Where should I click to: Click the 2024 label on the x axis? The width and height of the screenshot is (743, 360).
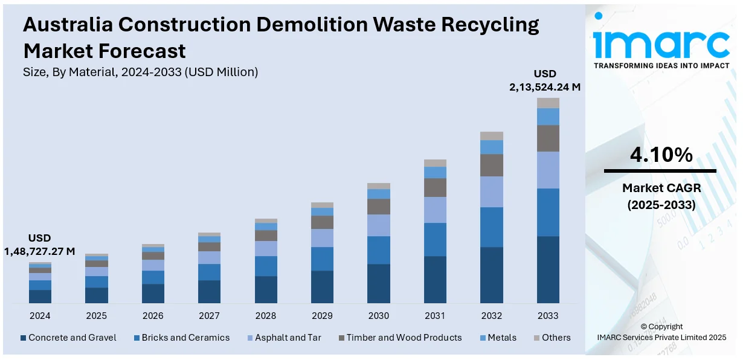pyautogui.click(x=40, y=316)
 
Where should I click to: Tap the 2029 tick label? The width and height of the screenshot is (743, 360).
pyautogui.click(x=322, y=316)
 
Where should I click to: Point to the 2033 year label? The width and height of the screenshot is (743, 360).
pyautogui.click(x=548, y=316)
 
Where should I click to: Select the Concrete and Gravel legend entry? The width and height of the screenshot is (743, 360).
pyautogui.click(x=68, y=338)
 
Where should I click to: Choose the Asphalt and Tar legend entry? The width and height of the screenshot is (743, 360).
pyautogui.click(x=284, y=338)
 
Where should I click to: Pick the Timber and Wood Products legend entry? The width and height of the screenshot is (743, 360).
pyautogui.click(x=399, y=338)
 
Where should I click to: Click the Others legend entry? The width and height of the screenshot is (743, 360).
pyautogui.click(x=552, y=338)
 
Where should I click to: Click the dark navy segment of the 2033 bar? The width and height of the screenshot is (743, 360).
pyautogui.click(x=548, y=269)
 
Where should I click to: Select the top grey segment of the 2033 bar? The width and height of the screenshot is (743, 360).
pyautogui.click(x=548, y=103)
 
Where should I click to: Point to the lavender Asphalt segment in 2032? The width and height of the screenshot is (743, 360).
pyautogui.click(x=492, y=191)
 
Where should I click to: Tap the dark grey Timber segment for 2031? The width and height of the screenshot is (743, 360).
pyautogui.click(x=435, y=187)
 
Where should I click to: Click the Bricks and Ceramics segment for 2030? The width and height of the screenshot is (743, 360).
pyautogui.click(x=379, y=250)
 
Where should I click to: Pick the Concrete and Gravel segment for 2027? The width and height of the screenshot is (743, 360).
pyautogui.click(x=209, y=292)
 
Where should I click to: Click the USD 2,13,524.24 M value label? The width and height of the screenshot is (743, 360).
pyautogui.click(x=545, y=81)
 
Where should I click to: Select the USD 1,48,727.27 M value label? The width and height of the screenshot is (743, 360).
pyautogui.click(x=40, y=245)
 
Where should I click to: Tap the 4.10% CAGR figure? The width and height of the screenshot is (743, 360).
pyautogui.click(x=661, y=155)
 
